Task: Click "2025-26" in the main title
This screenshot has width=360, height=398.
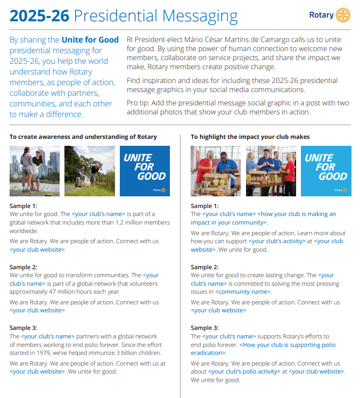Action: pos(39,16)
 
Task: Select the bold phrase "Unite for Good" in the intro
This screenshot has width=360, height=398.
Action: pos(90,40)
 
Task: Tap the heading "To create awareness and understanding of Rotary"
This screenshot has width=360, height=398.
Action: pos(83,137)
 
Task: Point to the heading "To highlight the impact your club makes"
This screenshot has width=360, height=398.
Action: pos(250,137)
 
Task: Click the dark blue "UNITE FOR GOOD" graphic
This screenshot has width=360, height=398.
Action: pos(145,171)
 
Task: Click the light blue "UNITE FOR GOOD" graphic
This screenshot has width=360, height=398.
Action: pos(326,171)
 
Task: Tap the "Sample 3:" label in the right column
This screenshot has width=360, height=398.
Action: pos(204,328)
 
